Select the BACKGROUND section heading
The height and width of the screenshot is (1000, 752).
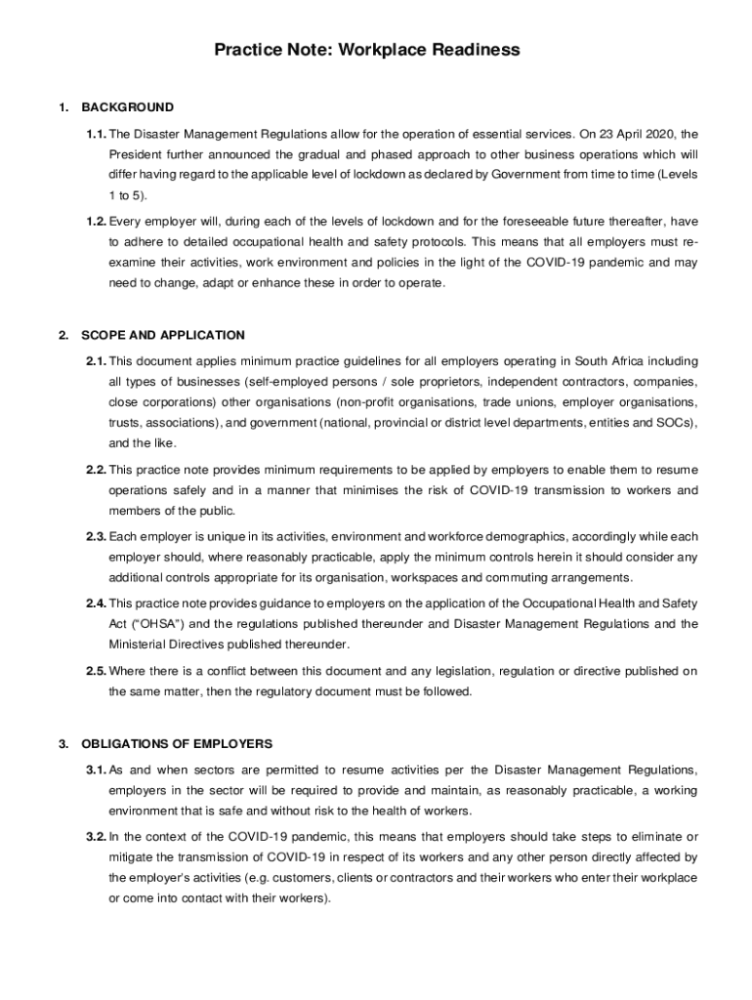tap(128, 107)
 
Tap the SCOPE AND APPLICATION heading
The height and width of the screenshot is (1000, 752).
tap(163, 335)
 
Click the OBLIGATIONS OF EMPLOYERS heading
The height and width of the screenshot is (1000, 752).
tap(177, 743)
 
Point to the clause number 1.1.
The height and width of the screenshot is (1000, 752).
tap(96, 134)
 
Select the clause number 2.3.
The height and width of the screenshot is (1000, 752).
tap(96, 536)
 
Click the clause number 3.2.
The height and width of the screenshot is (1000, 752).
tap(96, 837)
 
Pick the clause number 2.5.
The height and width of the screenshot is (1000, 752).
tap(96, 671)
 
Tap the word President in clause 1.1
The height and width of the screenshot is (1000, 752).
tap(136, 154)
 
